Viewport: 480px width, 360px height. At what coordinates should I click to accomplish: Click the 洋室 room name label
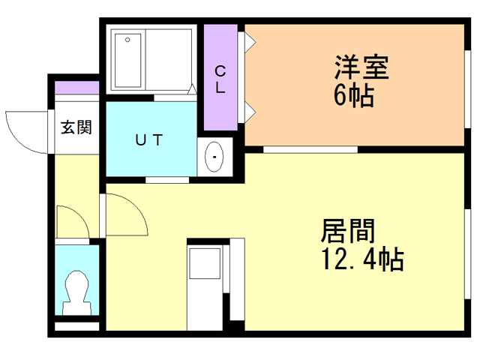pos(361,68)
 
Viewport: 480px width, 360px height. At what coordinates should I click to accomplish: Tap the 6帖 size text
pos(353,96)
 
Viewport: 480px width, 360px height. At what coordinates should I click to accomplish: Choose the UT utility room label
pos(148,139)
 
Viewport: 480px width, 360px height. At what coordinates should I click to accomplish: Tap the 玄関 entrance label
pos(76,127)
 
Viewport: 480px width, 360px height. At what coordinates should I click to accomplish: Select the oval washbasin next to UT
pos(215,157)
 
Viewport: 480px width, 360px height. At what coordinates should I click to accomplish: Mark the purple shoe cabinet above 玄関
pos(76,88)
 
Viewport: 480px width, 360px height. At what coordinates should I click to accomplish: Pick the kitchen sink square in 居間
pos(204,264)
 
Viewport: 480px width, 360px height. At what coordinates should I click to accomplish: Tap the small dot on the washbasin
pos(215,157)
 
